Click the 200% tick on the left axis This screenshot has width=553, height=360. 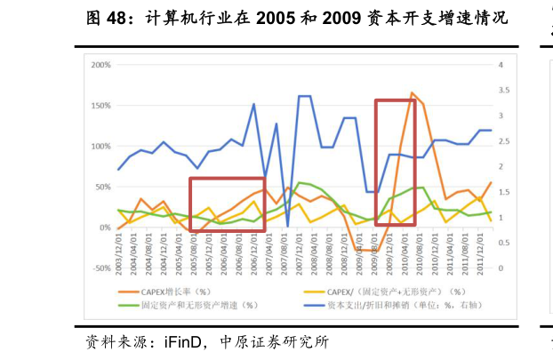click(x=99, y=65)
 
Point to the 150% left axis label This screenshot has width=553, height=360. click(x=99, y=106)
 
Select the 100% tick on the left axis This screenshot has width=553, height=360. click(x=99, y=146)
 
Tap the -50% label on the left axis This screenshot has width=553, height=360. click(x=99, y=268)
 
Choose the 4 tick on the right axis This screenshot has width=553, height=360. click(x=501, y=65)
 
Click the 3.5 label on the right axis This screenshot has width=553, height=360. click(x=504, y=91)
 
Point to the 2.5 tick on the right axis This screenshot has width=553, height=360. click(x=504, y=141)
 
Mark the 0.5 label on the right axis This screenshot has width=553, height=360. click(x=504, y=243)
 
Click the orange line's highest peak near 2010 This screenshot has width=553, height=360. click(x=412, y=92)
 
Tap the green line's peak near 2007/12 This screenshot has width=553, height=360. click(x=299, y=182)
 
